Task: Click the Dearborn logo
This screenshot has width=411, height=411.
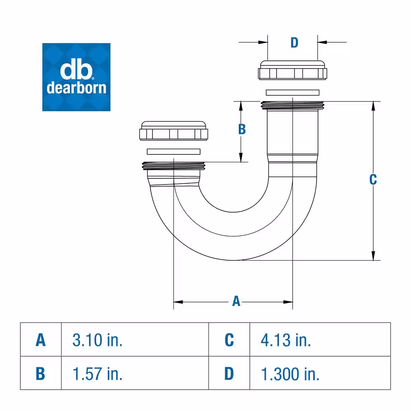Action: point(76,77)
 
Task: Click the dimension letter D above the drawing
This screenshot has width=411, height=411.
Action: point(294,42)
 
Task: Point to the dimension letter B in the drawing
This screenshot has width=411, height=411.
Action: point(242,129)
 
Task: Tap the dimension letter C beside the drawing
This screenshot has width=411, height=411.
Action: point(373,180)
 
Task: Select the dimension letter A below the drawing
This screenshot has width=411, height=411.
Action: point(236,301)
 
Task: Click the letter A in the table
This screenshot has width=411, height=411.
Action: point(41,340)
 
